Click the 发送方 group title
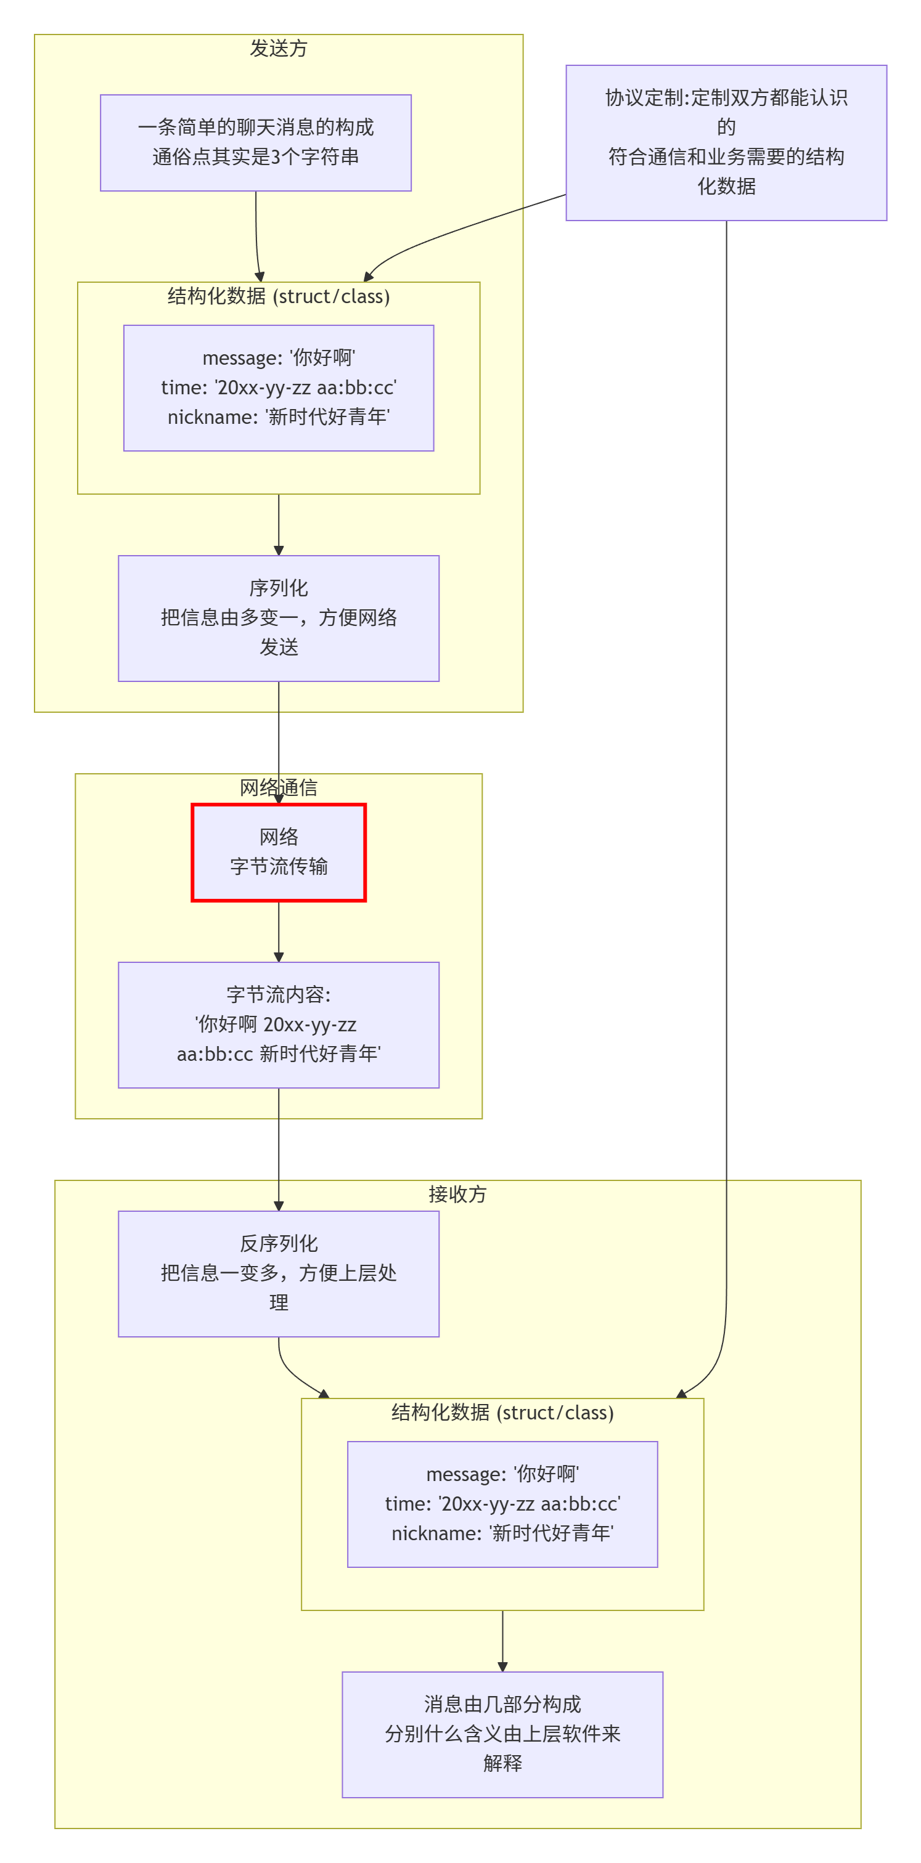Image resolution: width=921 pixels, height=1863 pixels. (x=279, y=49)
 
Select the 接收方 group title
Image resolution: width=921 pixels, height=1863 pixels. (x=457, y=1194)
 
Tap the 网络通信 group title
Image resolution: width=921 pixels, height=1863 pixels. (x=279, y=787)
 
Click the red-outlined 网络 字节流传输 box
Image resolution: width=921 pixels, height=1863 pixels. (x=279, y=852)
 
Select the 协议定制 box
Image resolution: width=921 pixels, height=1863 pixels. (x=726, y=142)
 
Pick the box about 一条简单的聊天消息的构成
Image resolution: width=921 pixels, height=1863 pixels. (x=255, y=142)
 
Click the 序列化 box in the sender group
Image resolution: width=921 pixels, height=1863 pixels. (x=279, y=618)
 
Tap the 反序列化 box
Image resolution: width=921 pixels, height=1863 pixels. (x=279, y=1273)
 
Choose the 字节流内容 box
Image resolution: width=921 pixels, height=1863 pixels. (x=279, y=1024)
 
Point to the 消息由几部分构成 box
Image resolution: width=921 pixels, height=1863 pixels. (x=502, y=1734)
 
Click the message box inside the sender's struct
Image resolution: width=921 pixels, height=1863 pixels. (x=279, y=388)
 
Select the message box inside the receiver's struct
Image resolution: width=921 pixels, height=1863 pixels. (x=502, y=1504)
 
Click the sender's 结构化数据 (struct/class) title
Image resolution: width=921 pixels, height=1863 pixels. (x=279, y=296)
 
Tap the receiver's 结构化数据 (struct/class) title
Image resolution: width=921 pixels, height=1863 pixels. (x=502, y=1413)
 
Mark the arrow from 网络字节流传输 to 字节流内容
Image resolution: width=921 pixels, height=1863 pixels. (x=279, y=931)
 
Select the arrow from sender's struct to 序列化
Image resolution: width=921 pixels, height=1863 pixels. (x=279, y=524)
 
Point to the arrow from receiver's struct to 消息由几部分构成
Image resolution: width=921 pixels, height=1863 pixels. (x=502, y=1640)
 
